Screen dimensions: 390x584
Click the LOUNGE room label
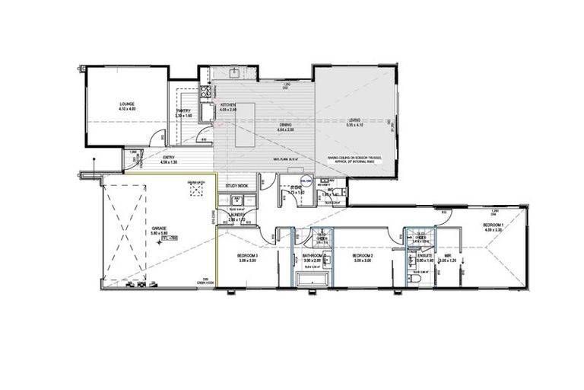pyautogui.click(x=126, y=104)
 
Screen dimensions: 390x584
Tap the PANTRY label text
pyautogui.click(x=183, y=111)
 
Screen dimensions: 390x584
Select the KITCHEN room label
pyautogui.click(x=228, y=105)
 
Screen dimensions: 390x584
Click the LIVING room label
pyautogui.click(x=354, y=120)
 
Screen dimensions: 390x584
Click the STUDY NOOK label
pyautogui.click(x=236, y=186)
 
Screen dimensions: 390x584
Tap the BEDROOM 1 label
pyautogui.click(x=494, y=225)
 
